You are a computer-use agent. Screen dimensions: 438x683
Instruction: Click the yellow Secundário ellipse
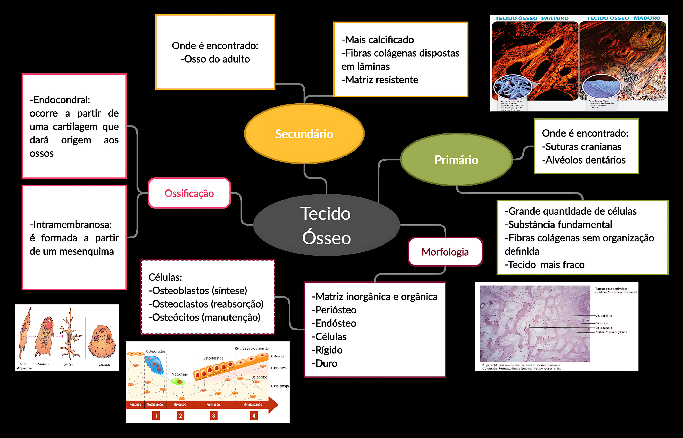pyautogui.click(x=304, y=134)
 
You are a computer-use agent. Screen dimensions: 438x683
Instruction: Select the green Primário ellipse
pyautogui.click(x=456, y=160)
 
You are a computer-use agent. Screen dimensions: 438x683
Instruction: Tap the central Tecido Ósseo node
pyautogui.click(x=326, y=225)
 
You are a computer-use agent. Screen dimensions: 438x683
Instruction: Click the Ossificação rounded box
pyautogui.click(x=189, y=193)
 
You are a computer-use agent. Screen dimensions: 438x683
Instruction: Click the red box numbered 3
pyautogui.click(x=214, y=416)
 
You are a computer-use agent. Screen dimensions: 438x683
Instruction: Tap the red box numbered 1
pyautogui.click(x=156, y=416)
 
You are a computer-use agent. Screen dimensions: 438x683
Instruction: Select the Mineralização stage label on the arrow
pyautogui.click(x=252, y=404)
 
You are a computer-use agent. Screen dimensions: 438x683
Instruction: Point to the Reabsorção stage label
pyautogui.click(x=155, y=404)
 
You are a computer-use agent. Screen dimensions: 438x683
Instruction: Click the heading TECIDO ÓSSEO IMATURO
pyautogui.click(x=532, y=18)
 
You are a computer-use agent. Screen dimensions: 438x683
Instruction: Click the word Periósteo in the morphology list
pyautogui.click(x=336, y=310)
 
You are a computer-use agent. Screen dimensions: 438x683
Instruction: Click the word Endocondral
pyautogui.click(x=60, y=100)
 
